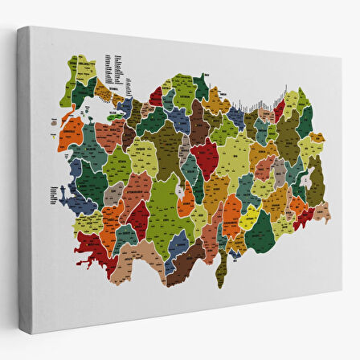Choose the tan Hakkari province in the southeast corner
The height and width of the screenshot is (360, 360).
(x=321, y=213)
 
